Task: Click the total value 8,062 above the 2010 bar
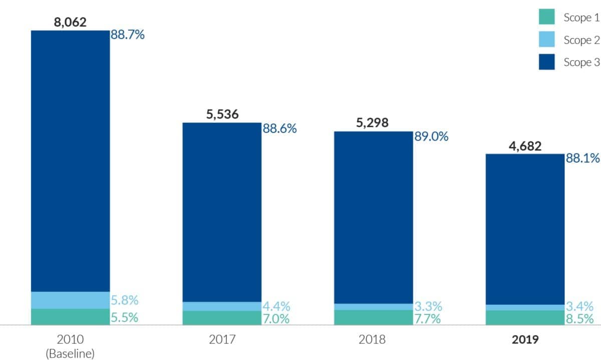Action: pyautogui.click(x=70, y=22)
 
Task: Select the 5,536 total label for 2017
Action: pyautogui.click(x=222, y=114)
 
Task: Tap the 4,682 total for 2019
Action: pyautogui.click(x=524, y=146)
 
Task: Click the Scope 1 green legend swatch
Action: pyautogui.click(x=546, y=18)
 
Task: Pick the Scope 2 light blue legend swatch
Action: pyautogui.click(x=546, y=40)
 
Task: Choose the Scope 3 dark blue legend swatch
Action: pyautogui.click(x=546, y=62)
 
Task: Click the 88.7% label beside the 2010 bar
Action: pyautogui.click(x=128, y=36)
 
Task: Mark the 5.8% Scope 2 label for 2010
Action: pyautogui.click(x=125, y=301)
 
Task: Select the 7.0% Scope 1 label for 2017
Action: pyautogui.click(x=276, y=319)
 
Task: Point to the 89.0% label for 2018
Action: pyautogui.click(x=431, y=137)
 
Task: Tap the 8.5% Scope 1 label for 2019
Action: pyautogui.click(x=580, y=319)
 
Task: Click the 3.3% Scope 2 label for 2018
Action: pyautogui.click(x=427, y=306)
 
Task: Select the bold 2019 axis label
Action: pyautogui.click(x=525, y=340)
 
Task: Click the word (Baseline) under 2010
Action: pyautogui.click(x=70, y=353)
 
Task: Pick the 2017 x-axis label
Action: pyautogui.click(x=222, y=340)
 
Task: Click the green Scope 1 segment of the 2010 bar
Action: pyautogui.click(x=70, y=317)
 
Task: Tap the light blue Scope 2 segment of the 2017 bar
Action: pyautogui.click(x=222, y=306)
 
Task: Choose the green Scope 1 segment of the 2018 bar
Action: pyautogui.click(x=373, y=317)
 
